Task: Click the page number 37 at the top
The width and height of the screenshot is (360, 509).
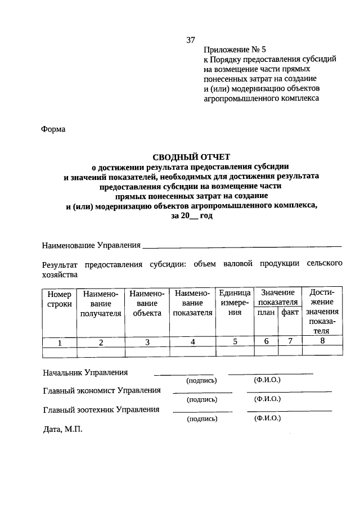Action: pyautogui.click(x=190, y=40)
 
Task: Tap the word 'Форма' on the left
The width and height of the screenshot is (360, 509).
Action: pyautogui.click(x=53, y=129)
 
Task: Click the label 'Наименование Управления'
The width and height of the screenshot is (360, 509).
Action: pyautogui.click(x=91, y=245)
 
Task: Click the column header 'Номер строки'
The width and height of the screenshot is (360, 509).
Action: pyautogui.click(x=60, y=299)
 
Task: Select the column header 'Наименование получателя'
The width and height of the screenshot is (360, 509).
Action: pyautogui.click(x=101, y=304)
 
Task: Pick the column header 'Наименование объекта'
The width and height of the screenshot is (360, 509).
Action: pyautogui.click(x=147, y=304)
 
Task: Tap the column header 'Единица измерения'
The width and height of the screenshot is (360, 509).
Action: pyautogui.click(x=235, y=304)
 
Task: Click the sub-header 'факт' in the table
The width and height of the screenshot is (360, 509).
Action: pyautogui.click(x=290, y=313)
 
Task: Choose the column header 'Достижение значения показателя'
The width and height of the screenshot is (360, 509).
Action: pyautogui.click(x=322, y=312)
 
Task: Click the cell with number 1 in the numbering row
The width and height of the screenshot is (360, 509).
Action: pyautogui.click(x=60, y=341)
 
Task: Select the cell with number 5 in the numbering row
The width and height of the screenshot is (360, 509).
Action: pyautogui.click(x=235, y=341)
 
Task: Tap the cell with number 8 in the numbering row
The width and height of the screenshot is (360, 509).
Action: pyautogui.click(x=322, y=341)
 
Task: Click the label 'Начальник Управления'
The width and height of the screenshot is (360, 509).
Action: pyautogui.click(x=85, y=373)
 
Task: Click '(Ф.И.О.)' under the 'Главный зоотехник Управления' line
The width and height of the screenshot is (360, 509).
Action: pyautogui.click(x=267, y=419)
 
